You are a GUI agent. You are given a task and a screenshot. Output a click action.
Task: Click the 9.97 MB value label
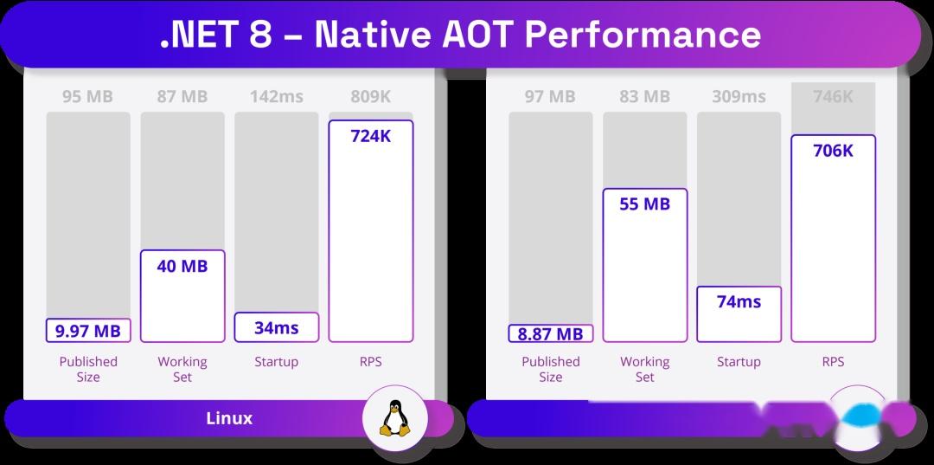coord(87,330)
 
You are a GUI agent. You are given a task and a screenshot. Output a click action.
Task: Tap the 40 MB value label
coord(182,266)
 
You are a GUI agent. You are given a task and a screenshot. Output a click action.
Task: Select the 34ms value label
coord(276,327)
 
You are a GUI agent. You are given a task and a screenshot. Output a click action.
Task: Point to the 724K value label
coord(371,136)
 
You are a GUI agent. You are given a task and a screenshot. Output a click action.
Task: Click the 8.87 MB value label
coord(550,333)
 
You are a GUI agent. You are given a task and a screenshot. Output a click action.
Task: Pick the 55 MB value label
coord(644,204)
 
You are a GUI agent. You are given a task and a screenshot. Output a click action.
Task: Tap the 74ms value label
coord(739,301)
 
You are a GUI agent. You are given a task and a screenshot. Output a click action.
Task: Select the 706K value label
coord(833,151)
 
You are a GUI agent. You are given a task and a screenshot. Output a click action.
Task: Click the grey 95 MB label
coord(87,96)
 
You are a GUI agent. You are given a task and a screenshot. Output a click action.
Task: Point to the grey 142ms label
coord(276,96)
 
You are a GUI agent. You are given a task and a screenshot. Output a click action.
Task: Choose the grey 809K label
coord(371,96)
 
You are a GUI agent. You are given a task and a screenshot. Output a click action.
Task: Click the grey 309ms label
coord(739,96)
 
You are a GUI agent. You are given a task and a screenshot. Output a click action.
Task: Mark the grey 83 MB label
coord(644,96)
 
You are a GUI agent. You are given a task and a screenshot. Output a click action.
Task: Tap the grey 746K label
coord(833,96)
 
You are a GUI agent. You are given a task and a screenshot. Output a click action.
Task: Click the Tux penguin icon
coord(393,419)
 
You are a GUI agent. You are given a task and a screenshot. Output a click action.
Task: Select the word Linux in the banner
coord(229,418)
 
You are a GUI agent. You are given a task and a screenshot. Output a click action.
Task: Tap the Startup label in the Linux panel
coord(276,361)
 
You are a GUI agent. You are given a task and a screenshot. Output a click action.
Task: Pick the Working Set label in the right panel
coord(644,369)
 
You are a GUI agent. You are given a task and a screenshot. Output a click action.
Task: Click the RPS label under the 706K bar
coord(833,361)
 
